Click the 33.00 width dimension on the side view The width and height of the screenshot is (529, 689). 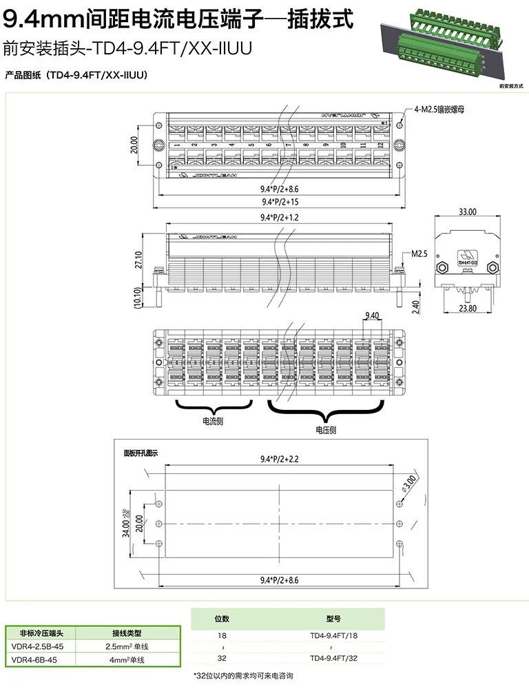pyautogui.click(x=467, y=212)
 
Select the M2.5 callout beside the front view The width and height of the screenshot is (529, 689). pyautogui.click(x=419, y=254)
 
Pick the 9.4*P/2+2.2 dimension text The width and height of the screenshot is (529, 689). pyautogui.click(x=280, y=459)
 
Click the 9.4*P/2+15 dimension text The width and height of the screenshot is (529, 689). pyautogui.click(x=280, y=202)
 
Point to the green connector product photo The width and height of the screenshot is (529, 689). pyautogui.click(x=446, y=48)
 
